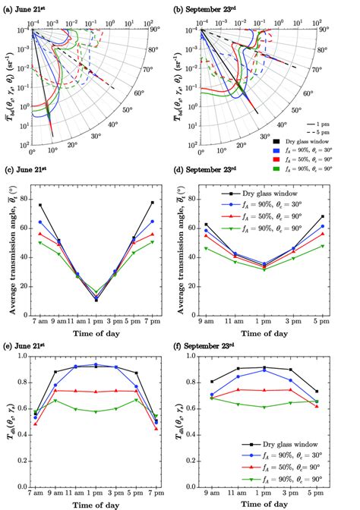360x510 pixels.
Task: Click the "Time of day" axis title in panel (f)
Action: (x=270, y=502)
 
